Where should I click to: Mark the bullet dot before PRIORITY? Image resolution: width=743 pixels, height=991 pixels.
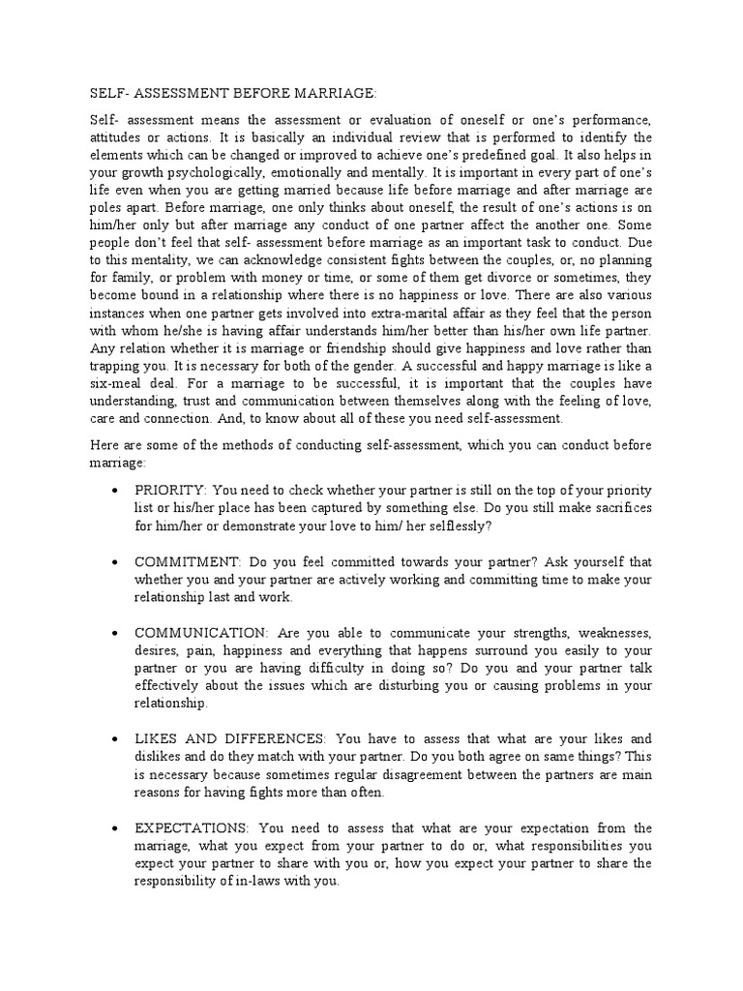116,491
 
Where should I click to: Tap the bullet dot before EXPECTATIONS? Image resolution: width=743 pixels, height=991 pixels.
116,827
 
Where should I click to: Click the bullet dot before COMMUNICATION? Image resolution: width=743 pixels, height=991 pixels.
116,632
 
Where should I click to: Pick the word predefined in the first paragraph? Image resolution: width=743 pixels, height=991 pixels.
524,154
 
